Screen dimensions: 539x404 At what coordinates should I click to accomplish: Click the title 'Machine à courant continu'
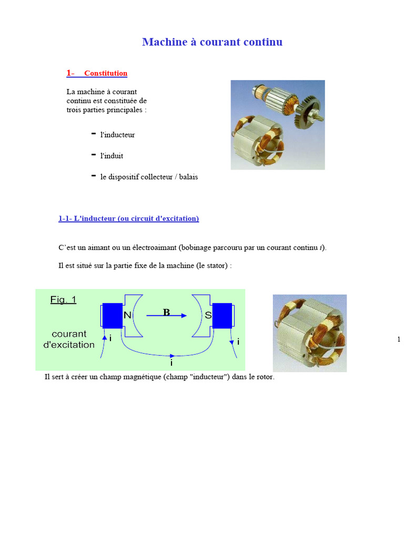pyautogui.click(x=212, y=42)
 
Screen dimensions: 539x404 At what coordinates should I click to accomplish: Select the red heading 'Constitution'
pyautogui.click(x=106, y=74)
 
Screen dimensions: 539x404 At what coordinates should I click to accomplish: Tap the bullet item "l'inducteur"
pyautogui.click(x=117, y=135)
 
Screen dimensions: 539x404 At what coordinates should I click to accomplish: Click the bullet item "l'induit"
pyautogui.click(x=112, y=156)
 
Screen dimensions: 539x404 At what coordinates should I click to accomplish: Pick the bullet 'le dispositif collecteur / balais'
pyautogui.click(x=149, y=177)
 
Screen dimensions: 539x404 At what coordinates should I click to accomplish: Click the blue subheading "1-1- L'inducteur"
pyautogui.click(x=128, y=218)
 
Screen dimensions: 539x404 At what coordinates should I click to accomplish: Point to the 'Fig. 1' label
pyautogui.click(x=63, y=300)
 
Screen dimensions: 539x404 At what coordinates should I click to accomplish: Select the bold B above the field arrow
pyautogui.click(x=166, y=312)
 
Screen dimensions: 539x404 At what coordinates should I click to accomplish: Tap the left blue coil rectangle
pyautogui.click(x=112, y=315)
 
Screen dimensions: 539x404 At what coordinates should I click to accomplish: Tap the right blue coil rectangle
pyautogui.click(x=222, y=315)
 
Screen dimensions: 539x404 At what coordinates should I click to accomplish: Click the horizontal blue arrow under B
pyautogui.click(x=166, y=316)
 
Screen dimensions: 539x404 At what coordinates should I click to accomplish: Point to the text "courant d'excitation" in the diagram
pyautogui.click(x=69, y=340)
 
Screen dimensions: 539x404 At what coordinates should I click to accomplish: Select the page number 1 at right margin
pyautogui.click(x=399, y=340)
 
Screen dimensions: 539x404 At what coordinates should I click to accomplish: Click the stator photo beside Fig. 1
pyautogui.click(x=309, y=333)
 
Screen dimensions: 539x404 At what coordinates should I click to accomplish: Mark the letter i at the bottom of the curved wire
pyautogui.click(x=171, y=363)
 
